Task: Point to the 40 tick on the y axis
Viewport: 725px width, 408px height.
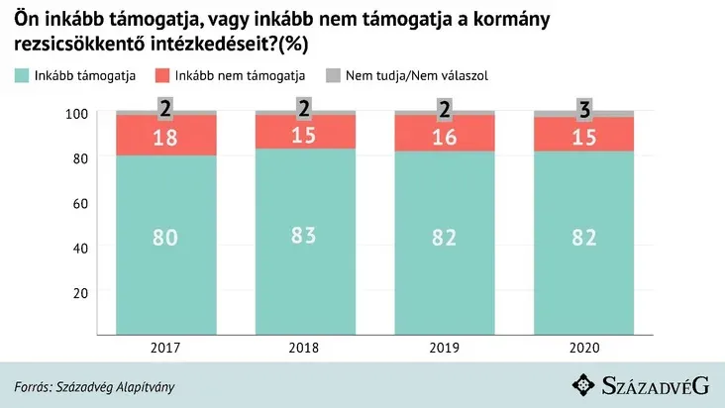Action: pos(80,248)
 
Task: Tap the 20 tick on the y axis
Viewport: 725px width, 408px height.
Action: pos(80,292)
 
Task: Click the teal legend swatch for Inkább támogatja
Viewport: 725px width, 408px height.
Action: pos(23,76)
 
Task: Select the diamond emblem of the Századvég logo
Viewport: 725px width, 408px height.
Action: pos(585,385)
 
